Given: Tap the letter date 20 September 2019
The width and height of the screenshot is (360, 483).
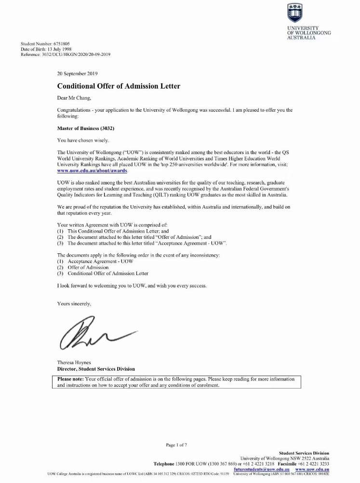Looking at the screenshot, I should pos(78,74).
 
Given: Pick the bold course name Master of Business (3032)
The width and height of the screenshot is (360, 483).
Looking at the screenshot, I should pos(86,128).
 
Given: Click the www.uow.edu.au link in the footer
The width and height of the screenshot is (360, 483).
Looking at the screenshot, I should pos(312,469).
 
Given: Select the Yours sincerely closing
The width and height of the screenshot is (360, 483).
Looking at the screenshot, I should pos(74,304).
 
